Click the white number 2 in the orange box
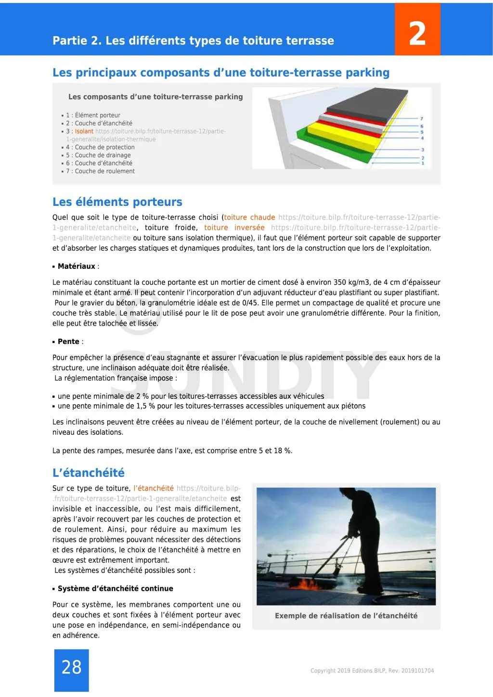(x=417, y=33)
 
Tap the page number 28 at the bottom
(x=71, y=667)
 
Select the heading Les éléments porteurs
(x=117, y=202)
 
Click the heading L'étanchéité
(x=88, y=473)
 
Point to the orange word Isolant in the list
(x=84, y=131)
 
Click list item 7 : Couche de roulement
(x=100, y=171)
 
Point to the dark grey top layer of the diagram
(x=366, y=103)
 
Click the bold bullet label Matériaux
(x=76, y=266)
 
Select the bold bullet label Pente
(x=68, y=342)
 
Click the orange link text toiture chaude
(x=249, y=217)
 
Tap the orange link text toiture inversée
(x=234, y=228)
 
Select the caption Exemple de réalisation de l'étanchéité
(x=346, y=616)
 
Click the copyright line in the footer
(x=372, y=671)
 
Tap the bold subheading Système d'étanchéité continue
(x=115, y=589)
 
